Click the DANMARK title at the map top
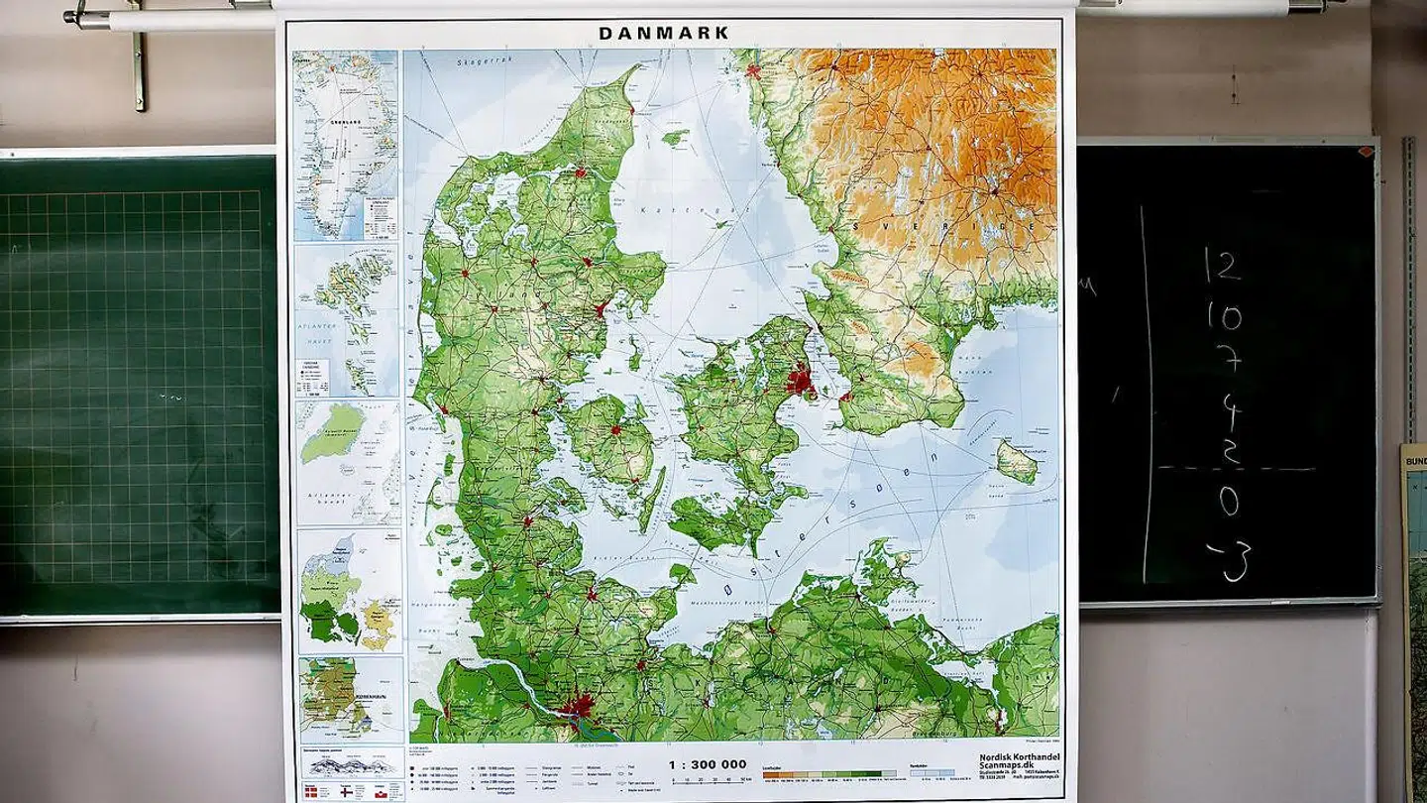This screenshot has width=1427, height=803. point(663,33)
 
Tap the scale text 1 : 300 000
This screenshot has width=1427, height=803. point(706,763)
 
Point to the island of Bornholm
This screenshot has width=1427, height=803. point(1017,461)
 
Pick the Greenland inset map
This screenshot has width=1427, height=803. point(346,144)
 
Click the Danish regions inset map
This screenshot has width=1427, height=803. point(349,591)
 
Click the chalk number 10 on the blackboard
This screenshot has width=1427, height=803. point(1224,317)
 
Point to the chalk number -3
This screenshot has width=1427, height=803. point(1229,560)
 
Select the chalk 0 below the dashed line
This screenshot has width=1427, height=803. point(1229,502)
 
